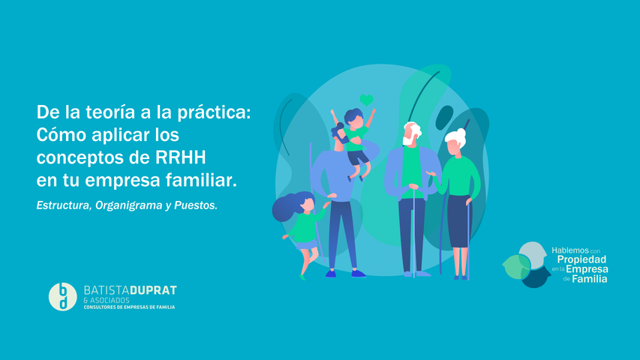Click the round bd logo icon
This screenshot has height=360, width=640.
click(63, 296)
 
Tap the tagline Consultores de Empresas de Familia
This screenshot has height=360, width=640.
click(129, 307)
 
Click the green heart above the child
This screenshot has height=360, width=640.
click(366, 100)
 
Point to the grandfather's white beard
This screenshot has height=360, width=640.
click(408, 139)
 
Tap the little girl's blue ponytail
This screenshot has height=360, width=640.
click(284, 207)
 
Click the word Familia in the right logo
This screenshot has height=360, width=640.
click(590, 278)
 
